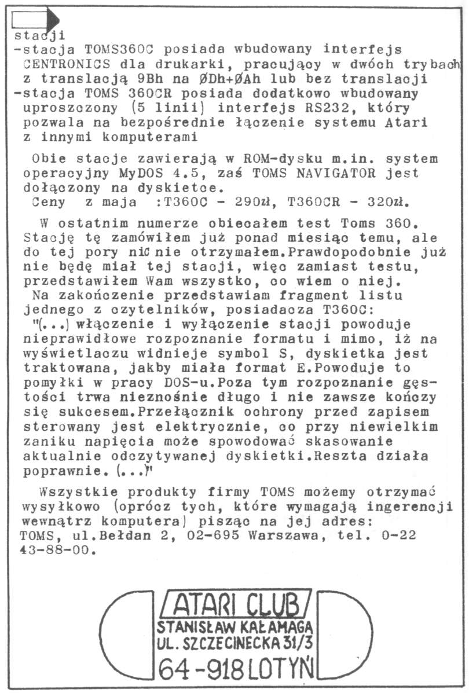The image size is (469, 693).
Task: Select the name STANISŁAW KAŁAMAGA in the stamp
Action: pyautogui.click(x=234, y=626)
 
